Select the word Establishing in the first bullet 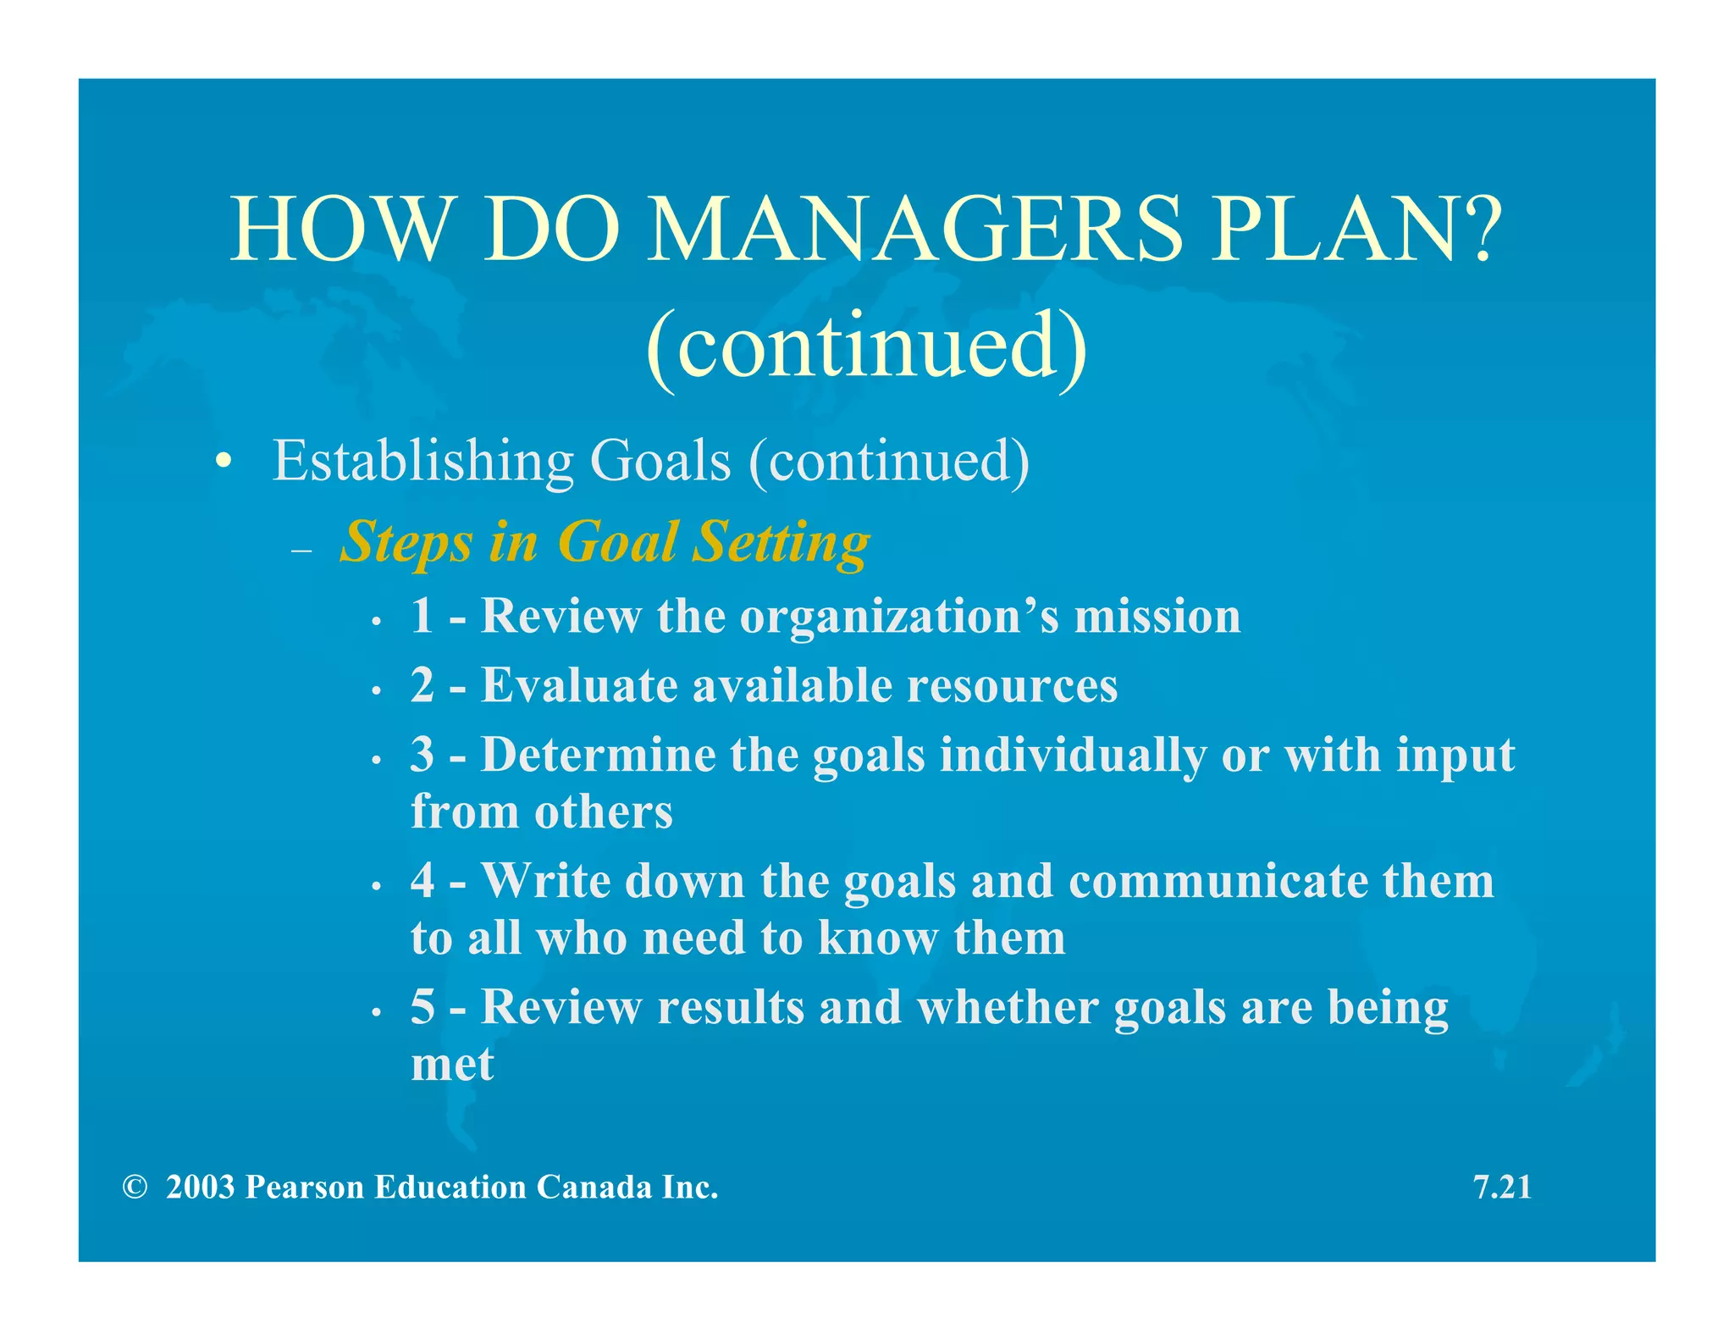(x=422, y=462)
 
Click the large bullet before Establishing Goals (x=223, y=462)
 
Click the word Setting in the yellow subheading (x=781, y=542)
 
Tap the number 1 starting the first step (x=422, y=616)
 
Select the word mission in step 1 (x=1157, y=616)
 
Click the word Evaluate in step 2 (x=579, y=684)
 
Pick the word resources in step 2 (x=1012, y=685)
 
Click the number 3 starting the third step (x=422, y=754)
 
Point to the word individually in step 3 (x=1073, y=756)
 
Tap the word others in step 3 (x=603, y=811)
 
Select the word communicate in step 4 (x=1218, y=881)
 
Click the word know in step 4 (x=878, y=938)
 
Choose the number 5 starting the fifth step (x=422, y=1007)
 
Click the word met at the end (x=452, y=1064)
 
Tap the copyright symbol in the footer (x=135, y=1188)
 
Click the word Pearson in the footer (x=305, y=1188)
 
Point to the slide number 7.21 (x=1502, y=1188)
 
